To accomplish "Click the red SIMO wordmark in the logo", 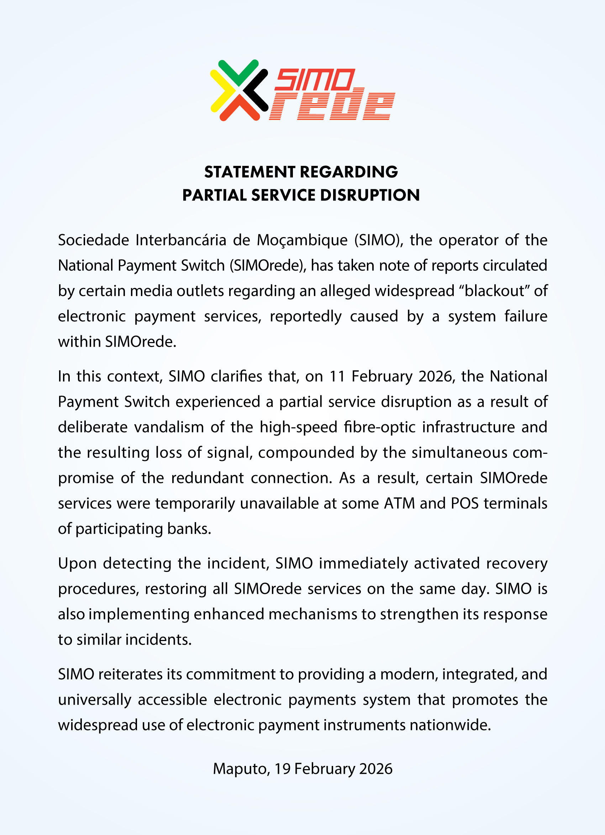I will pyautogui.click(x=315, y=79).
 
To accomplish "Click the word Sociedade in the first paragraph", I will pyautogui.click(x=94, y=240).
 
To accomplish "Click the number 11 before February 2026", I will pyautogui.click(x=337, y=376).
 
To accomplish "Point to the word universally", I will pyautogui.click(x=95, y=700).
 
